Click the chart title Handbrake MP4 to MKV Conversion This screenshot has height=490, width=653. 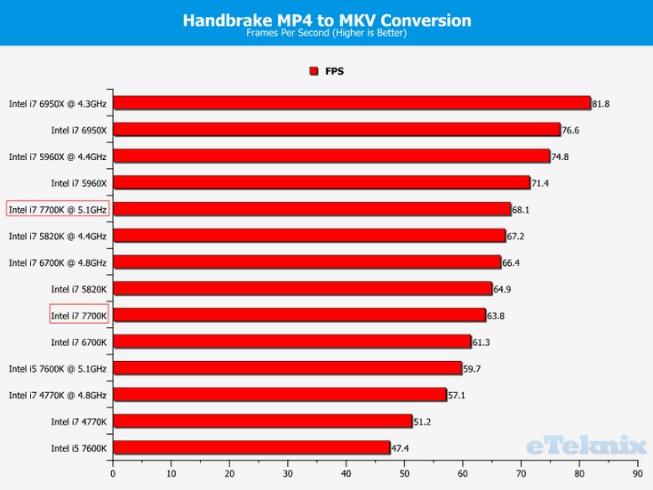point(326,19)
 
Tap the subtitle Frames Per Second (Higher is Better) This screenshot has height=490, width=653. point(326,34)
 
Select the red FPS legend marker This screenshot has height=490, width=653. point(314,71)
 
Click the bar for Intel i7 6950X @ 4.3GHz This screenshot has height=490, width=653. point(351,103)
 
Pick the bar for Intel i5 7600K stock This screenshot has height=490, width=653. point(251,447)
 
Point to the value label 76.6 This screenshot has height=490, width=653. point(571,131)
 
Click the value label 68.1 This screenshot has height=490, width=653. point(522,210)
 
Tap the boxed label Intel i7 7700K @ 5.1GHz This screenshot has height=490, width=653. point(58,209)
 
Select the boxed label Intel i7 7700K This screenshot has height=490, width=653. point(79,315)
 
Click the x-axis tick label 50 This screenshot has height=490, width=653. point(404,474)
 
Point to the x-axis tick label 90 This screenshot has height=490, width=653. point(638,474)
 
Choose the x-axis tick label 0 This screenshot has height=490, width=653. point(113,474)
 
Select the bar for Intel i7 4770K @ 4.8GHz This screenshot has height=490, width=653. point(279,395)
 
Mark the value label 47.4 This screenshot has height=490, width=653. point(402,448)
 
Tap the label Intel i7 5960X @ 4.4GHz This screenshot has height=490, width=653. point(58,157)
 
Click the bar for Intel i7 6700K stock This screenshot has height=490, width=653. point(291,341)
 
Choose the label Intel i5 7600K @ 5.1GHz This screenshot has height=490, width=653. point(58,368)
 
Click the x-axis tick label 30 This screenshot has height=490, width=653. point(288,474)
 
